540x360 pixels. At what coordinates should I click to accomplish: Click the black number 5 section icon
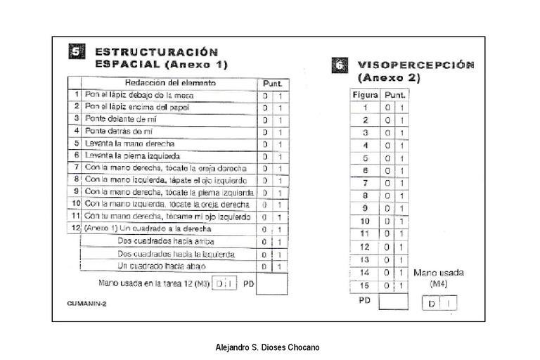[77, 51]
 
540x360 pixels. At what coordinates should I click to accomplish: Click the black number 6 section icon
[339, 65]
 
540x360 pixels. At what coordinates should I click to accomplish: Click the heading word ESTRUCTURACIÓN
[156, 51]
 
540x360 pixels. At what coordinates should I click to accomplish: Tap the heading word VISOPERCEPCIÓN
[416, 65]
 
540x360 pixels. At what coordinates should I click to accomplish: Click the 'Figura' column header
[364, 94]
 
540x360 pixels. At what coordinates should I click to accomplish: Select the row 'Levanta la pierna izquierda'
[131, 155]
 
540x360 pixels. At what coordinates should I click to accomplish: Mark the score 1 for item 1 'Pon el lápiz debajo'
[279, 95]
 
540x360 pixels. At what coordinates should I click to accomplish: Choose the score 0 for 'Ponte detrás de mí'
[265, 131]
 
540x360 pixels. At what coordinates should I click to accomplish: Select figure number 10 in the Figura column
[364, 221]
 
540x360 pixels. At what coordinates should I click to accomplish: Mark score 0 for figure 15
[387, 285]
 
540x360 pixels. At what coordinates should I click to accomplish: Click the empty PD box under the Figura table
[393, 302]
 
